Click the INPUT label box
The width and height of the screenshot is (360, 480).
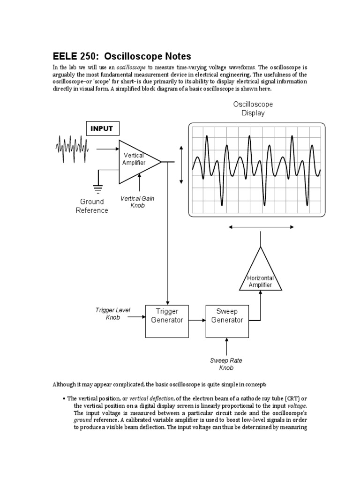coord(102,128)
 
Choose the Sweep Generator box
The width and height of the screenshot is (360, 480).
coord(227,321)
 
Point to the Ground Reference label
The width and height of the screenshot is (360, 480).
coord(92,206)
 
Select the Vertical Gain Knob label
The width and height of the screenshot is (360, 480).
coord(137,202)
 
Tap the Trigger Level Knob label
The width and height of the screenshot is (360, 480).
coord(112,314)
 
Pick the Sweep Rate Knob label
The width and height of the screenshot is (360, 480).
coord(226,364)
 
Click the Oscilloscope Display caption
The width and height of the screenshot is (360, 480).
coord(253,108)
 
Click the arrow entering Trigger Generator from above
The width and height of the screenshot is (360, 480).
coord(167,300)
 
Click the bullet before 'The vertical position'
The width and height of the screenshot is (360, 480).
coord(63,398)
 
